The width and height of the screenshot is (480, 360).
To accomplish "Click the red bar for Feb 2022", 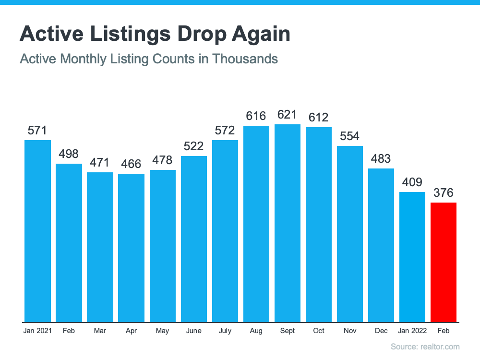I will pos(444,262).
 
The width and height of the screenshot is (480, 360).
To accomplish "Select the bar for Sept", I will pos(288,223).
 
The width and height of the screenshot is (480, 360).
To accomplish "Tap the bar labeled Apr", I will pos(131,248).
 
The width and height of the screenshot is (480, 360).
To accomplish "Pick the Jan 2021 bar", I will pos(37,231).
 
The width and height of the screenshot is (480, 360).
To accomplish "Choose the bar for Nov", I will pos(350,234).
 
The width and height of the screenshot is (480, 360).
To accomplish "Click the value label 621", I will pos(288,115).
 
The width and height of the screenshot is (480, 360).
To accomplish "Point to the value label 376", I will pos(444,193).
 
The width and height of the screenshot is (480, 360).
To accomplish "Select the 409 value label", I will pos(412,182).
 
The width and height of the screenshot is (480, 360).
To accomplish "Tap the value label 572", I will pos(225,131).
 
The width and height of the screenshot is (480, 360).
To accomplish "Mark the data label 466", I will pos(131,164).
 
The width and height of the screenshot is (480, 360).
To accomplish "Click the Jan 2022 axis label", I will pos(412,331).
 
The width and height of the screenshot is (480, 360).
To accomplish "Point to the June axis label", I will pos(194,331).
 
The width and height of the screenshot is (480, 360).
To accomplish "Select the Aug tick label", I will pos(256,331).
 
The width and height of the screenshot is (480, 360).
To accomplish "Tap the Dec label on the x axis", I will pos(381,331).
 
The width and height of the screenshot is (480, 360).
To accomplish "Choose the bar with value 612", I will pos(319,225).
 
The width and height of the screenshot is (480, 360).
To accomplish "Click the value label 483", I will pos(381,159).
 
